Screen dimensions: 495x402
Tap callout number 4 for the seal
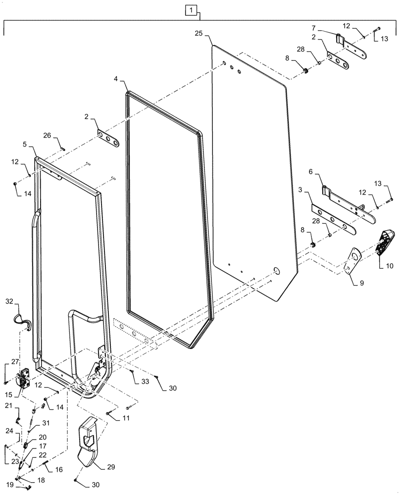pyautogui.click(x=115, y=80)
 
